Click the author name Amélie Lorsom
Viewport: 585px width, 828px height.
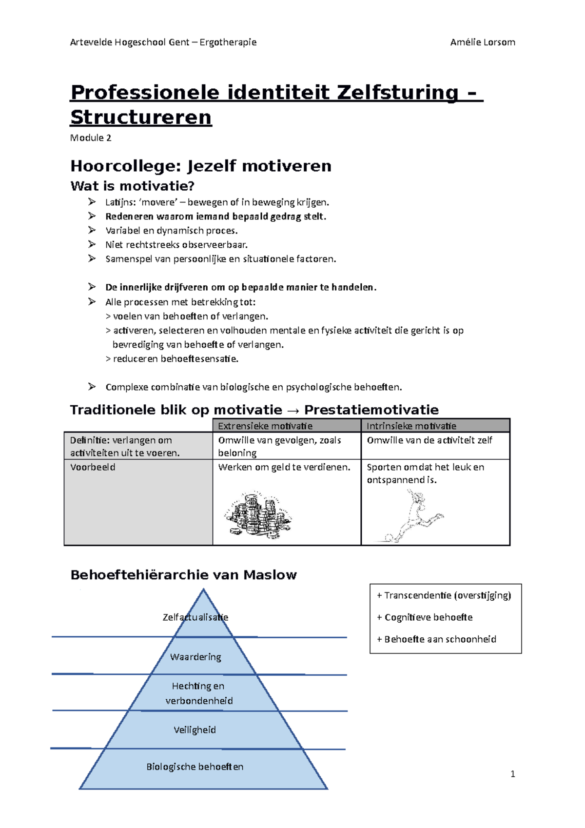point(482,42)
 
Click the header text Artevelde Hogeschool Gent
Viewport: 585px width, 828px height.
point(130,42)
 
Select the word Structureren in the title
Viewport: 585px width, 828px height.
point(141,118)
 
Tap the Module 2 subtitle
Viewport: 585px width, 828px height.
point(91,138)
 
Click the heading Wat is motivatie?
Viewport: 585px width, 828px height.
point(133,186)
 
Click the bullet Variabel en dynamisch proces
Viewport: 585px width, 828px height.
point(171,231)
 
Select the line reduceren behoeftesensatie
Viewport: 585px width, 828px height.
point(175,359)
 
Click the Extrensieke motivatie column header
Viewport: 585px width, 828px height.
point(265,426)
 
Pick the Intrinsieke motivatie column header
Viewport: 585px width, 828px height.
point(411,426)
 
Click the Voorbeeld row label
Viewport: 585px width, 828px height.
point(93,467)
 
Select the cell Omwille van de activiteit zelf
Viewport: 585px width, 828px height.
point(429,440)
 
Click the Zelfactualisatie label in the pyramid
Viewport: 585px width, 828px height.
point(195,617)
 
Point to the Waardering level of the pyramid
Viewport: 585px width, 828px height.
point(195,657)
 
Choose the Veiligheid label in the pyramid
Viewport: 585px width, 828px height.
point(195,730)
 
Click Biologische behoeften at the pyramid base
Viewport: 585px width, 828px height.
point(195,767)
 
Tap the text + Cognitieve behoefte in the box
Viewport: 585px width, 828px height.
point(424,617)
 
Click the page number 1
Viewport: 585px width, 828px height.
point(512,774)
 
